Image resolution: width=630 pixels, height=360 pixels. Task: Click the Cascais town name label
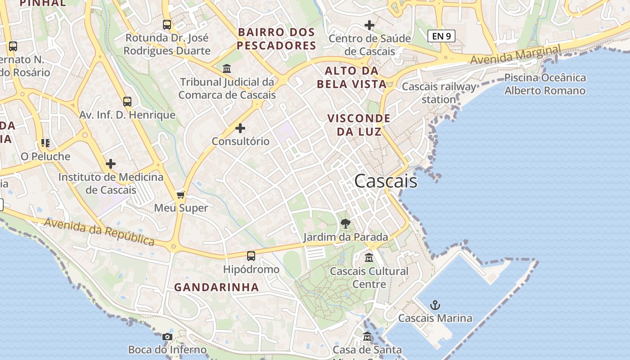point(386,181)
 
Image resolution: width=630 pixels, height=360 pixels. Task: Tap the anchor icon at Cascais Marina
point(435,306)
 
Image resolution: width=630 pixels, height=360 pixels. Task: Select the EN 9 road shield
point(441,36)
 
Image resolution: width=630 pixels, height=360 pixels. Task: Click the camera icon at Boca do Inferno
point(167,337)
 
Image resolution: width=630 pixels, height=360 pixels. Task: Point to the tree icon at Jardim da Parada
point(346,224)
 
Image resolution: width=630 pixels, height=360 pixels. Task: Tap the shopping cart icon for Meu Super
point(181,195)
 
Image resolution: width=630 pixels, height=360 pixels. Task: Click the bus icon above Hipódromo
point(251,256)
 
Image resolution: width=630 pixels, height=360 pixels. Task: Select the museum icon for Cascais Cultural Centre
point(369,258)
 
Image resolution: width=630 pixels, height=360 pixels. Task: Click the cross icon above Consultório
point(240,128)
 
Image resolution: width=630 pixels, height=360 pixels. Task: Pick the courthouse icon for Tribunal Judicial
point(227,69)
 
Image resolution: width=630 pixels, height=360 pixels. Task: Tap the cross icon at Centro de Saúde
point(369,25)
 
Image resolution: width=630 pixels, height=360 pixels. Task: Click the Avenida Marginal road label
point(516,54)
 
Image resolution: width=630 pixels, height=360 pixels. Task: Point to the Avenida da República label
point(99,232)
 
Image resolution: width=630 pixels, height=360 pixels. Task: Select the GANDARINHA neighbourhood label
point(216,287)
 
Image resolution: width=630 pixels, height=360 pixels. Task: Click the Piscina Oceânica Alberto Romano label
point(545,84)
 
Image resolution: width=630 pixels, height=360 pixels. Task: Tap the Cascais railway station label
point(439,93)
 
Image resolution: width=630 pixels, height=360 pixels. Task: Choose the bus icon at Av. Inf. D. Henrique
point(127,102)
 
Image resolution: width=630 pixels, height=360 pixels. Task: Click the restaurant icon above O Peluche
point(45,143)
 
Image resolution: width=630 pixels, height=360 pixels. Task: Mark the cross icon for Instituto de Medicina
point(111,164)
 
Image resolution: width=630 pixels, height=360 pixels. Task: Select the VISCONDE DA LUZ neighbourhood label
point(359,125)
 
